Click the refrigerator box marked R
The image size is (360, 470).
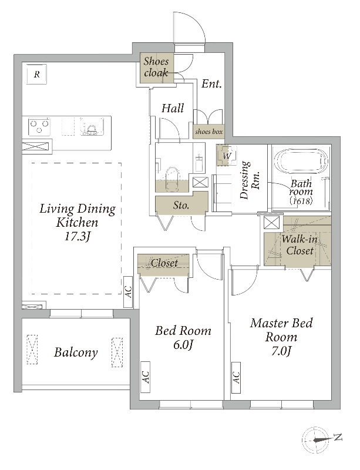[36, 74]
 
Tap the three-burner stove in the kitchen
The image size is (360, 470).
[39, 126]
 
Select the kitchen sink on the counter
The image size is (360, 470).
[92, 126]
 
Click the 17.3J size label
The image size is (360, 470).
[78, 237]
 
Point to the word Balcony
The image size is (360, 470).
[76, 352]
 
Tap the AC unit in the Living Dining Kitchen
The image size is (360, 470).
[129, 292]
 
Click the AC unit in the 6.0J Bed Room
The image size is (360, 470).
[146, 377]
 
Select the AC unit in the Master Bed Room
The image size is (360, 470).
[236, 377]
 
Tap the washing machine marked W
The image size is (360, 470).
[227, 156]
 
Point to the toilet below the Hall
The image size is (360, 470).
[171, 178]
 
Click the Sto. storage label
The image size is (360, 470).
[181, 205]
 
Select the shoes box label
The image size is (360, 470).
[209, 132]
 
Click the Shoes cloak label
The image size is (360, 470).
[156, 67]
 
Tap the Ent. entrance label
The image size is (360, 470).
[211, 83]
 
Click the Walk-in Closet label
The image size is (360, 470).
[300, 245]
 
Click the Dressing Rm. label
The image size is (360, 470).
[250, 180]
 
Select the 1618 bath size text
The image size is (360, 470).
[301, 201]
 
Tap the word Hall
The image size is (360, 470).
[173, 108]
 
